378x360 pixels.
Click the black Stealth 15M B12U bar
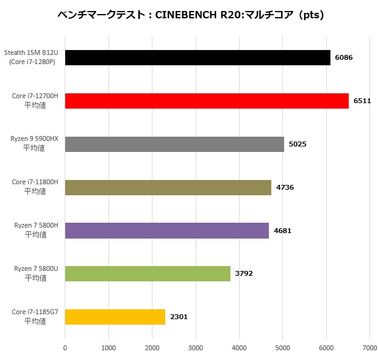(197, 57)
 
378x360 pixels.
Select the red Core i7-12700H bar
(206, 101)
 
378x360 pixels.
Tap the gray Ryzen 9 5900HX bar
(174, 144)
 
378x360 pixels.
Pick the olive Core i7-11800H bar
(168, 187)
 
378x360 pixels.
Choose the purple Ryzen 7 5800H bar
(166, 230)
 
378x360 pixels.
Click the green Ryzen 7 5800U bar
(148, 273)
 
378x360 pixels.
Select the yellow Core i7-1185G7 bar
(115, 317)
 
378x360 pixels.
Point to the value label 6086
(344, 57)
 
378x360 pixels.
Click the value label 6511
(362, 101)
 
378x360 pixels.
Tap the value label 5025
(298, 144)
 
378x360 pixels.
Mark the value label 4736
(285, 187)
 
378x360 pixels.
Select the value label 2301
(179, 317)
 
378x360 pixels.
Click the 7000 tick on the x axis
(369, 348)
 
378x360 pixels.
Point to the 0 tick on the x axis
(65, 348)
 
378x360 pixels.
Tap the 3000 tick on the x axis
(196, 348)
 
